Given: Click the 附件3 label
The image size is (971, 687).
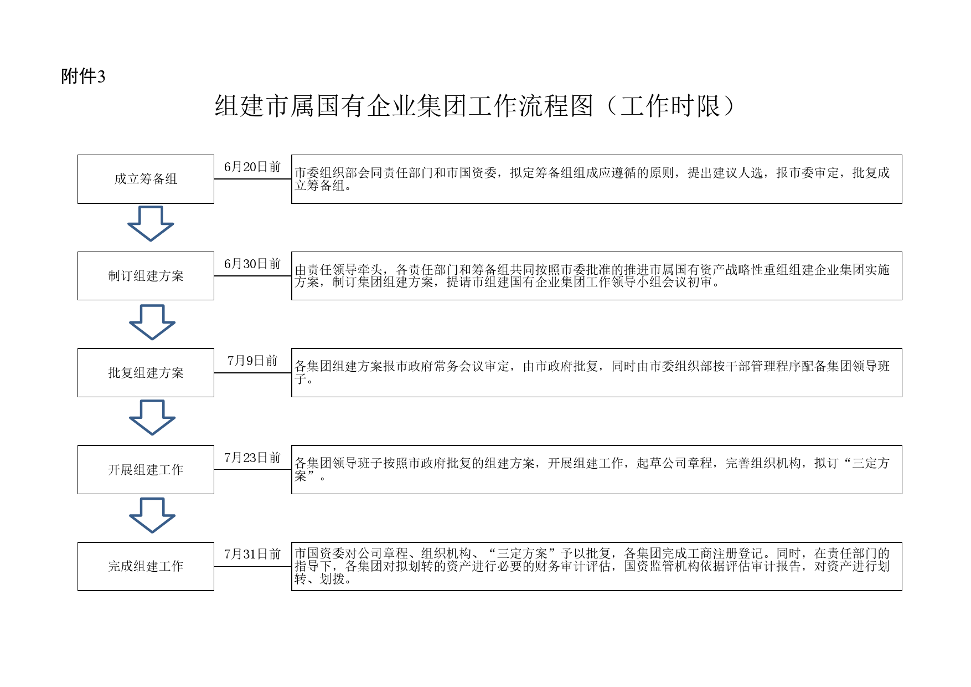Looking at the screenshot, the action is (83, 76).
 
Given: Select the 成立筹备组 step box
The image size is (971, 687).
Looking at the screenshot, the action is (146, 179).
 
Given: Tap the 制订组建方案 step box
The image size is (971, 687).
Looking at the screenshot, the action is (146, 276).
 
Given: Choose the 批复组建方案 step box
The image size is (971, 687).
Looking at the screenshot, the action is (146, 373).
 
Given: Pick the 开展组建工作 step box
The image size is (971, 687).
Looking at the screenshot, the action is (146, 470).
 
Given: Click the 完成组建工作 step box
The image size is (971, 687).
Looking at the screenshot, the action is (146, 566).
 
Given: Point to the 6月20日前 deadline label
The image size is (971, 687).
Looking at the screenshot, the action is (252, 167).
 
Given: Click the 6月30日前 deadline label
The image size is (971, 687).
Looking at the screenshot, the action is (252, 264).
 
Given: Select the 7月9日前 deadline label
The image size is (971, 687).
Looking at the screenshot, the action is (252, 361).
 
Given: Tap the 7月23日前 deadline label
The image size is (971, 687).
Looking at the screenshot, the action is (252, 458).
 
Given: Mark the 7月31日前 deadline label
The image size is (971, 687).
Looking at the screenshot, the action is (252, 554).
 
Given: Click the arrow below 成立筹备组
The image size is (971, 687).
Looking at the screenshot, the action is (151, 224).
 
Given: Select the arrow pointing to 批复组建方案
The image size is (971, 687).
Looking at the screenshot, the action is (152, 322).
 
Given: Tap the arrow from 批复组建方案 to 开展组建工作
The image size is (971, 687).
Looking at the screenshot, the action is (152, 418).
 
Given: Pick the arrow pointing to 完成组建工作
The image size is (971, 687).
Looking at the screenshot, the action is (152, 515).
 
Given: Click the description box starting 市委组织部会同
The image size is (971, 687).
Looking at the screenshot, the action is (597, 179).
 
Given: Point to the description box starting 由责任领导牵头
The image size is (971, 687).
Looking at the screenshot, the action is (597, 276).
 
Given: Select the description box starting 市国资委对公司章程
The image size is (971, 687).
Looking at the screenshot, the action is (597, 566).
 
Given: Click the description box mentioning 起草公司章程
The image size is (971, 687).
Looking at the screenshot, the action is (597, 470).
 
